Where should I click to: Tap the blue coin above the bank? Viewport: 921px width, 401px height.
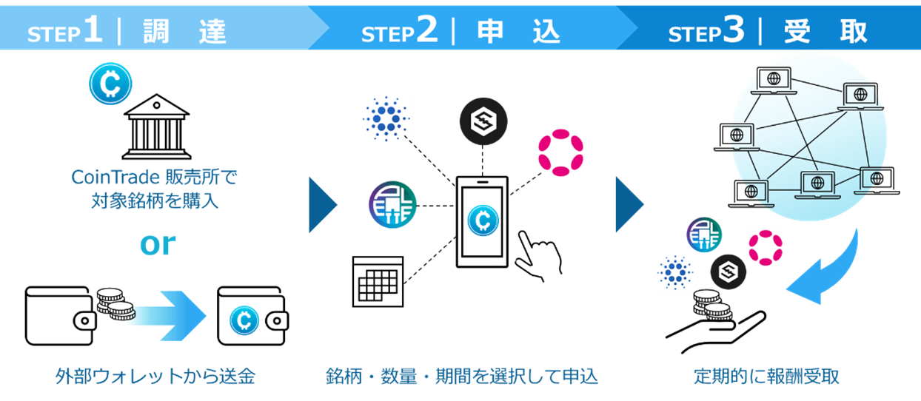click(x=110, y=83)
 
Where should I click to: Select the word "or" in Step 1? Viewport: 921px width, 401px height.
click(x=158, y=244)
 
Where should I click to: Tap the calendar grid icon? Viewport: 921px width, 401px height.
click(x=377, y=281)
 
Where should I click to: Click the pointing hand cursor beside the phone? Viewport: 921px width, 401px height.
click(x=539, y=255)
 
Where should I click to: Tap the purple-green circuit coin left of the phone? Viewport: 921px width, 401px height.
click(x=392, y=204)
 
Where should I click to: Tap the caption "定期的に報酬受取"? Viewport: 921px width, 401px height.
click(x=766, y=376)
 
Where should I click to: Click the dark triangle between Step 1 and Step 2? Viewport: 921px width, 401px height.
click(x=323, y=204)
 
